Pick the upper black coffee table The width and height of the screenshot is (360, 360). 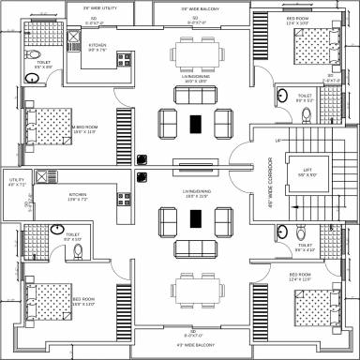click(195, 123)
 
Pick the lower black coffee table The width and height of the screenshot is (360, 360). click(195, 218)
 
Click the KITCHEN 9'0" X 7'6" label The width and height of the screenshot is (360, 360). click(98, 48)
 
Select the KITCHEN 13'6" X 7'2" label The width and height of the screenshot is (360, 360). click(79, 198)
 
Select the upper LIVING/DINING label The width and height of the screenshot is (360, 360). click(195, 80)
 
